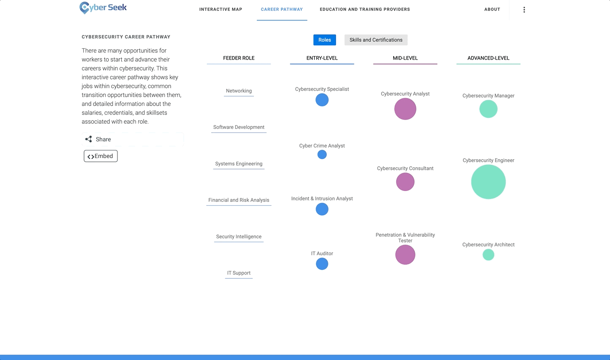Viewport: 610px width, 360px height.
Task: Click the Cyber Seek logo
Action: click(103, 8)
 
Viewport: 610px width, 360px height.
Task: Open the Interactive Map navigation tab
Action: click(221, 9)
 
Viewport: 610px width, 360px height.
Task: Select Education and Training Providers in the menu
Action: click(365, 9)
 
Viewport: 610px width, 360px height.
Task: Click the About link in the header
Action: click(492, 9)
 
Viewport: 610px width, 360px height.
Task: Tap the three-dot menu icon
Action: click(524, 10)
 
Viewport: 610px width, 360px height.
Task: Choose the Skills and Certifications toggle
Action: click(376, 40)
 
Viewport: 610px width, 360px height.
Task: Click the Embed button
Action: click(101, 156)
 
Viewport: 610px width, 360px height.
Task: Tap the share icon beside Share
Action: click(89, 139)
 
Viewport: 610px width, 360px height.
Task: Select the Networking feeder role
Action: click(239, 91)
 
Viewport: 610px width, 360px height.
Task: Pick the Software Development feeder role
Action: click(239, 127)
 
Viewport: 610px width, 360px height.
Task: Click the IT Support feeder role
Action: click(239, 273)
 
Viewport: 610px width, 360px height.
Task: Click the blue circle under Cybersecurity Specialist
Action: click(322, 100)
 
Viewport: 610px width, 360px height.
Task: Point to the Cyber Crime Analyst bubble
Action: click(322, 155)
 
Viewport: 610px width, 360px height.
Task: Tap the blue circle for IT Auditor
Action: click(322, 264)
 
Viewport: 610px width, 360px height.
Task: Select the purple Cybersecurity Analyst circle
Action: click(405, 109)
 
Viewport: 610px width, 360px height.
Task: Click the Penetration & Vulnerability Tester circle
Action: click(405, 255)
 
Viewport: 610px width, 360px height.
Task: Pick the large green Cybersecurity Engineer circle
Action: click(488, 182)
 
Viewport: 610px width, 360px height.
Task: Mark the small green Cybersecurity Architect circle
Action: click(488, 255)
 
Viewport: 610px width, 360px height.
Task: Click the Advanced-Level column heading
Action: click(488, 58)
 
